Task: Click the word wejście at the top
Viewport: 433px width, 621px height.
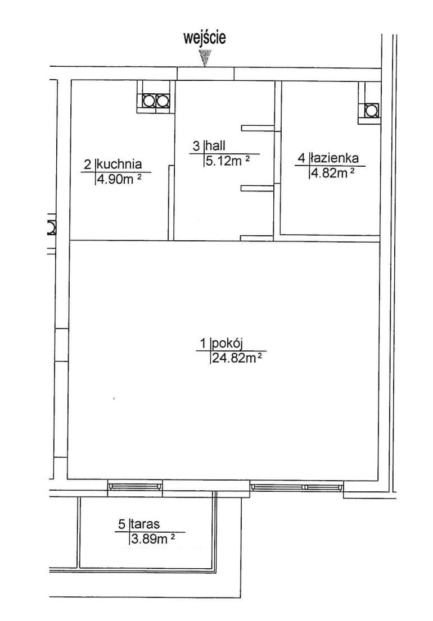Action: (205, 38)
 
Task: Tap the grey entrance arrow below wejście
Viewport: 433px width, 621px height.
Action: (205, 58)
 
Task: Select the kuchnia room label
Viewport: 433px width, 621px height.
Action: (119, 163)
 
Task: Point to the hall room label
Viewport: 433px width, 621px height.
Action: (214, 145)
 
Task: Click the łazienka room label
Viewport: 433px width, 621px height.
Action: (334, 158)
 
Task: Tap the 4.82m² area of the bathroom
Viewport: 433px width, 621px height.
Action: (332, 173)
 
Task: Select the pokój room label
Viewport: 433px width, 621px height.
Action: (228, 343)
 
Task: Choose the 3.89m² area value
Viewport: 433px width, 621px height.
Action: (152, 539)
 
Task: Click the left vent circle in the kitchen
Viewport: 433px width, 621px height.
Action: (148, 101)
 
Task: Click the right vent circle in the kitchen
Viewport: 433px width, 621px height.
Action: (163, 101)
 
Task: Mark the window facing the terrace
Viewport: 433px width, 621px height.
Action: (135, 485)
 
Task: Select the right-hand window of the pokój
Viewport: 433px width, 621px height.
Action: (297, 486)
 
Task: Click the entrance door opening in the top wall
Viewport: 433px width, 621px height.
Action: (205, 74)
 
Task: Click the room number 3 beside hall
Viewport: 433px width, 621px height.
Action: (196, 146)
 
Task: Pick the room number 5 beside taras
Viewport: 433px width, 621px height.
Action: (121, 524)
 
